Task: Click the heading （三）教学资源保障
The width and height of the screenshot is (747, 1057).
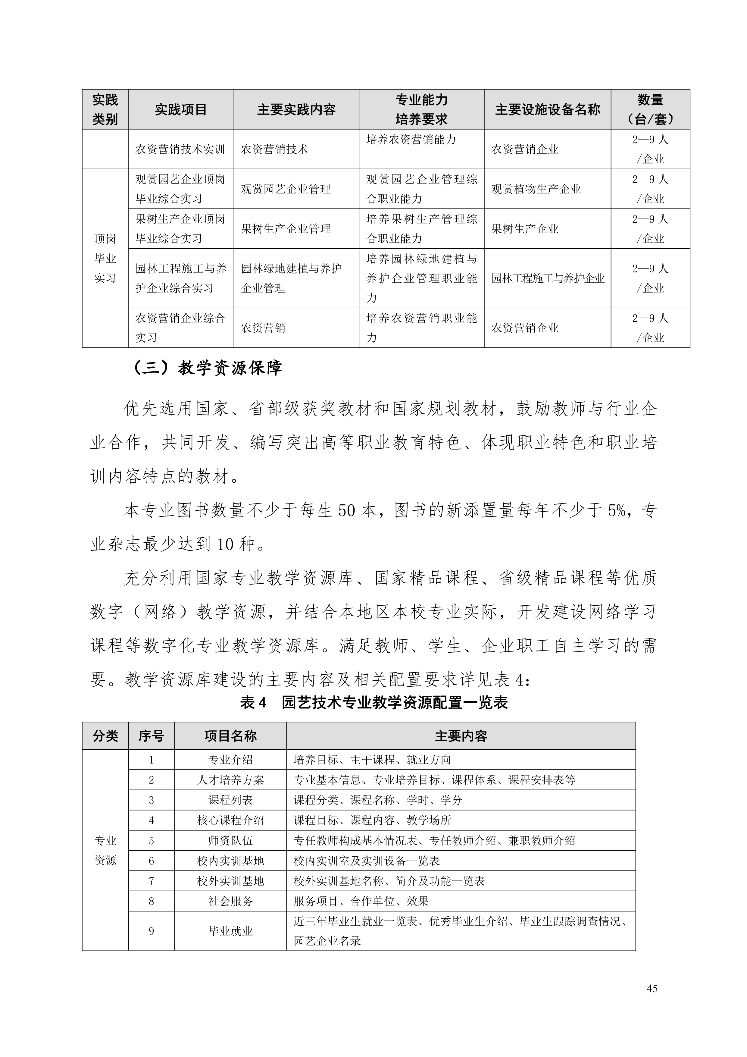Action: tap(207, 368)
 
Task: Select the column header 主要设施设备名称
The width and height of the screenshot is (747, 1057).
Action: tap(547, 110)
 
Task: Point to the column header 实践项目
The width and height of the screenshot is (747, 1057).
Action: tap(181, 110)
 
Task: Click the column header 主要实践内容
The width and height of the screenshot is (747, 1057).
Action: tap(296, 110)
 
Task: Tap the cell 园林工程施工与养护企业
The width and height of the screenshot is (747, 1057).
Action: tap(548, 278)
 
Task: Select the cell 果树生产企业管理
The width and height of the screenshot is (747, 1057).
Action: tap(286, 229)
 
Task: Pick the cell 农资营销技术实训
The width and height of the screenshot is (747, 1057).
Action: tap(180, 149)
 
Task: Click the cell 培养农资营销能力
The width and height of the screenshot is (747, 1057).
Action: tap(411, 140)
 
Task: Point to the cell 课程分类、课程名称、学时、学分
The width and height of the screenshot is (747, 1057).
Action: tap(378, 800)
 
